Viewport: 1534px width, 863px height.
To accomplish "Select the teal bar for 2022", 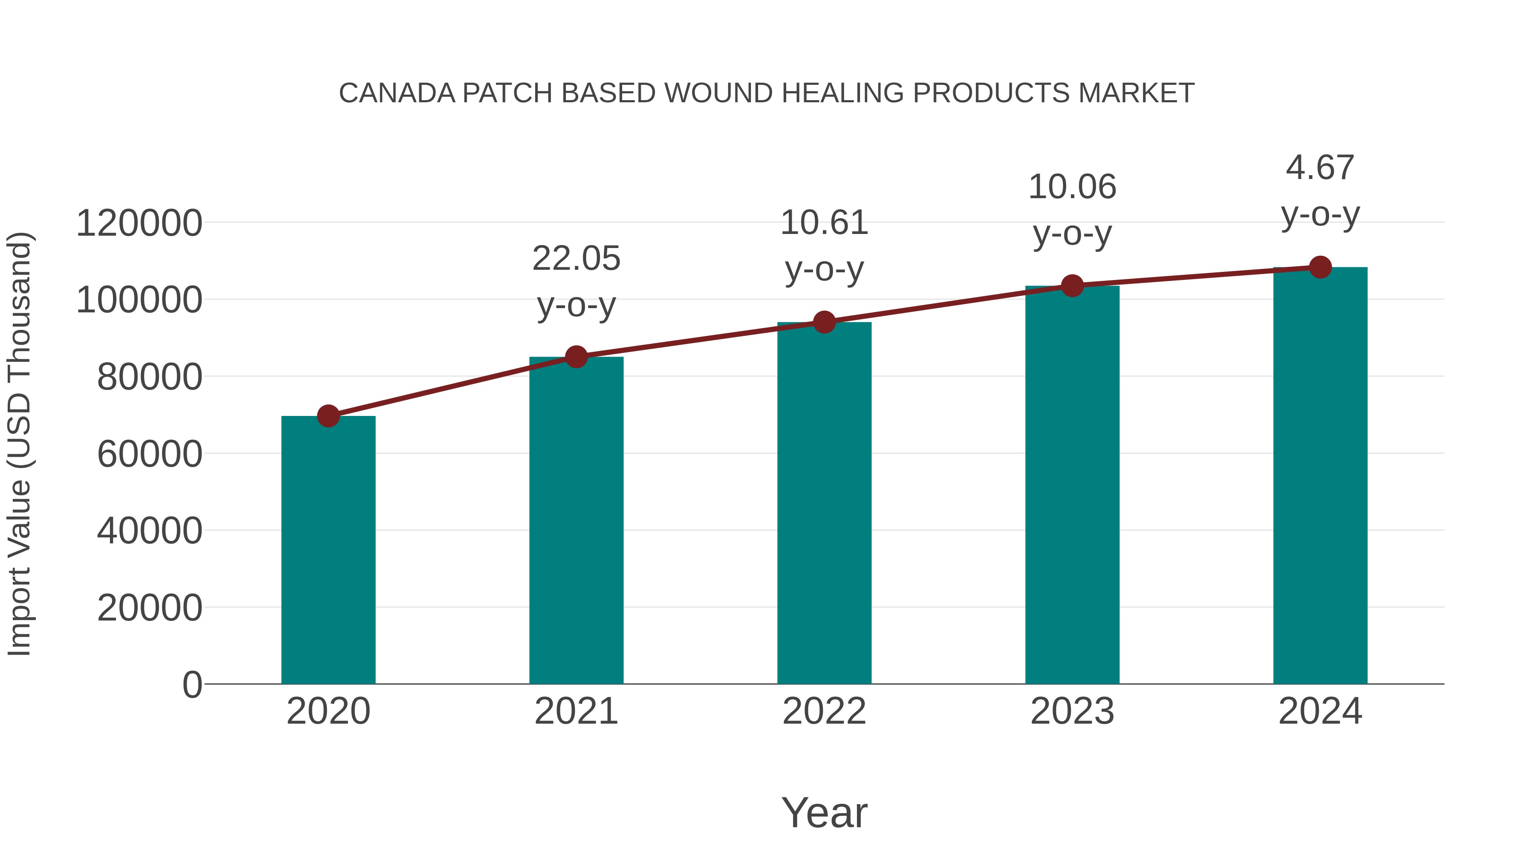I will click(824, 503).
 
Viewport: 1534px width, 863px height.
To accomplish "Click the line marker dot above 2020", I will click(328, 416).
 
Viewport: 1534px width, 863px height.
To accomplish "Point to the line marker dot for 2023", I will click(1072, 286).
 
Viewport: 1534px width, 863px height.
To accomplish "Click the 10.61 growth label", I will click(824, 223).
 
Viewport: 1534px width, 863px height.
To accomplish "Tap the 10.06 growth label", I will click(1072, 187).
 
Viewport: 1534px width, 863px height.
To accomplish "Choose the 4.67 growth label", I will click(1320, 167).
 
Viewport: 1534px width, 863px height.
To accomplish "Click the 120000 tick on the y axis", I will click(139, 223).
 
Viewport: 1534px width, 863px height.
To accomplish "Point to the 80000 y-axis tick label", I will click(150, 377).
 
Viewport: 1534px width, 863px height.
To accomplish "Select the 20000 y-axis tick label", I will click(150, 608).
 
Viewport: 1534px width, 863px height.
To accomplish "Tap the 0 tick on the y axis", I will click(192, 685).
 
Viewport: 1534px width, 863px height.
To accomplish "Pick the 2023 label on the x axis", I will click(1072, 711).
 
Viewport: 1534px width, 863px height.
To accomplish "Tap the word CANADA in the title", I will click(397, 93).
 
